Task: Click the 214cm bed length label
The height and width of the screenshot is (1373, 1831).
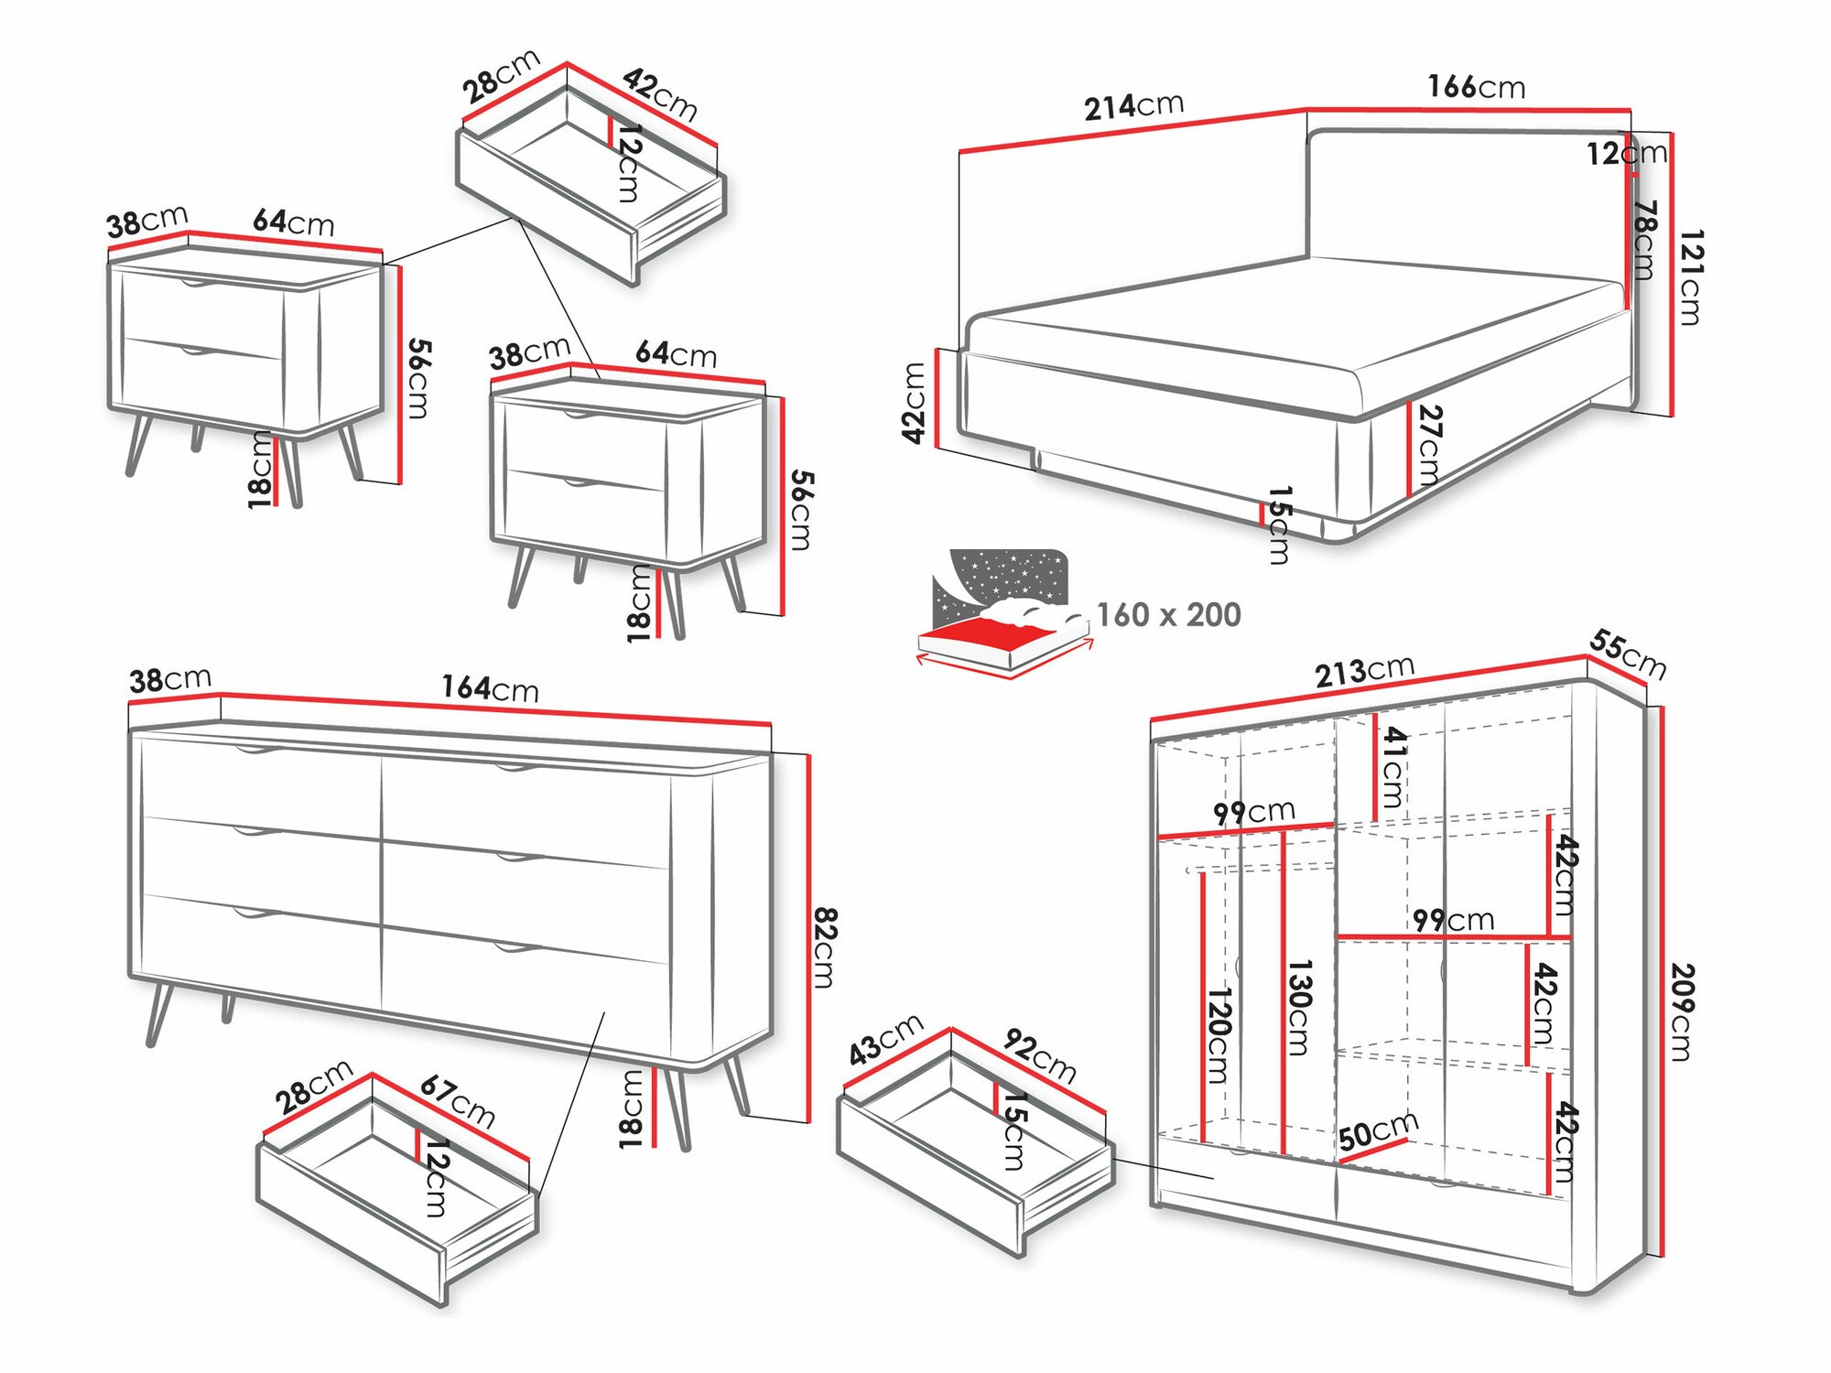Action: click(x=1133, y=106)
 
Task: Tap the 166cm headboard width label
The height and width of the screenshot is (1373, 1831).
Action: click(x=1476, y=87)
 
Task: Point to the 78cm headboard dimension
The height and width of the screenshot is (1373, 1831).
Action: click(x=1645, y=240)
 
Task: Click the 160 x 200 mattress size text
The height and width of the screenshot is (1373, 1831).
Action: click(x=1168, y=614)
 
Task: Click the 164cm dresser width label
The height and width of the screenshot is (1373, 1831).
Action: click(x=490, y=688)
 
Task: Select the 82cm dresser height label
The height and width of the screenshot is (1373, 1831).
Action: click(x=825, y=947)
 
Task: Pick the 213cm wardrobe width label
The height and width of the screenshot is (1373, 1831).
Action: click(x=1364, y=671)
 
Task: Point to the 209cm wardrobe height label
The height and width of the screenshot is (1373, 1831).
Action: click(x=1681, y=1011)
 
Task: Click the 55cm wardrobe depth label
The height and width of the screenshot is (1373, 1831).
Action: click(x=1627, y=654)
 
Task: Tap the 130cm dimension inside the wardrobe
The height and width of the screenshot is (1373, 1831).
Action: click(x=1299, y=1007)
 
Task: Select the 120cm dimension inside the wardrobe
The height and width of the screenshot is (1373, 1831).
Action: click(x=1218, y=1034)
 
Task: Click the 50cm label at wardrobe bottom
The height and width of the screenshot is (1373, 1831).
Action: click(x=1378, y=1131)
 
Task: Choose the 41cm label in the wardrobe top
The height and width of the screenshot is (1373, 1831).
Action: click(x=1392, y=767)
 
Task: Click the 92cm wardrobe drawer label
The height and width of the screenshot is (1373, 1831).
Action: click(x=1040, y=1055)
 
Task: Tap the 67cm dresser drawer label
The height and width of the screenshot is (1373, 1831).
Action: click(x=457, y=1101)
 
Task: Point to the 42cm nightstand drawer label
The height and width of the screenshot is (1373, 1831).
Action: click(x=660, y=94)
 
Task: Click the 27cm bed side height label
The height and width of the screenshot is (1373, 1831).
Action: click(x=1429, y=445)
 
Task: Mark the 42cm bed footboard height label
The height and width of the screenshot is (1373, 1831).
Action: click(x=914, y=403)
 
